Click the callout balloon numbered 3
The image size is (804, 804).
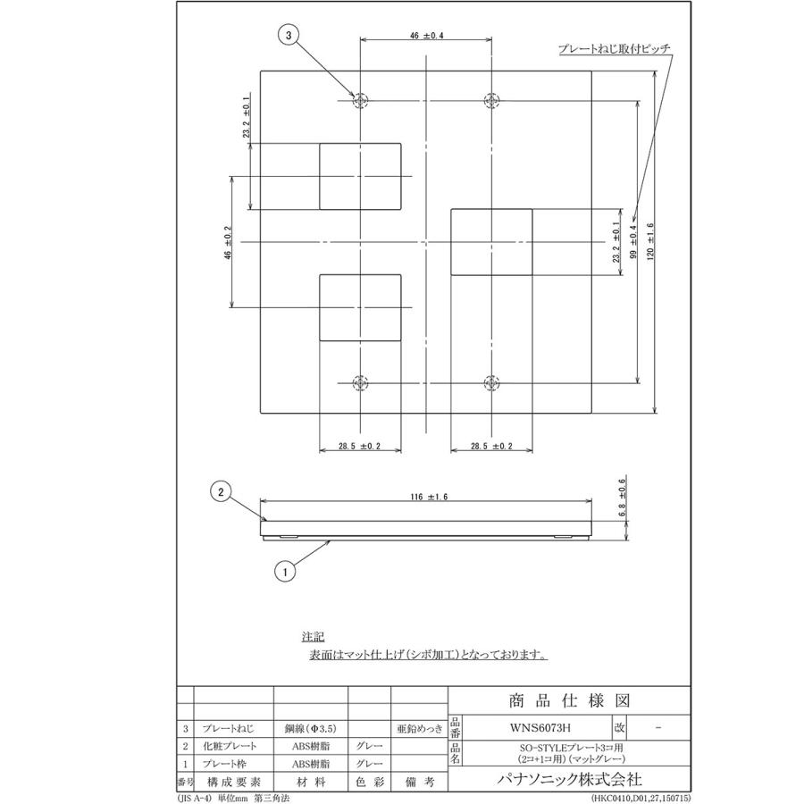click(287, 36)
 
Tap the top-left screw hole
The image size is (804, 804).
click(360, 100)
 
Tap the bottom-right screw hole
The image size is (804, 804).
click(490, 382)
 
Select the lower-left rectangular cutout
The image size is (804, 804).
click(360, 308)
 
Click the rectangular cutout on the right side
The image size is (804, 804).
click(491, 242)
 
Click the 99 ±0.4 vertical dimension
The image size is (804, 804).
click(632, 241)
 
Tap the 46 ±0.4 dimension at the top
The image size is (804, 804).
click(426, 35)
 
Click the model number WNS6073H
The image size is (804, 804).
click(535, 729)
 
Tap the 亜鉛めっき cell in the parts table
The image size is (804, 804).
click(417, 729)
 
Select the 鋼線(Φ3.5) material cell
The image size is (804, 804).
click(309, 729)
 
